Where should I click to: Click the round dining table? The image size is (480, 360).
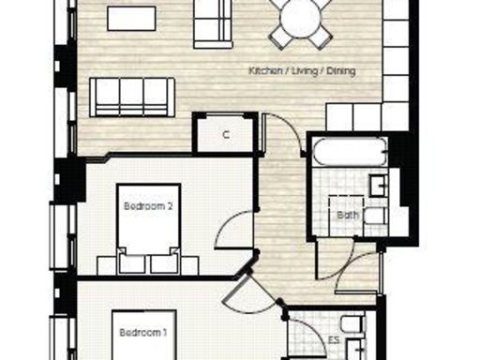point(299,17)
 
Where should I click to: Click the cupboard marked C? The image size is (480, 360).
point(226,134)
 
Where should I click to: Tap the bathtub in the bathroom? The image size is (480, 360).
point(348,152)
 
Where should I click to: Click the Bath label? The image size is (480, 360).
point(348,215)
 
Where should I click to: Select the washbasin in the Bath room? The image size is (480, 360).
point(379,185)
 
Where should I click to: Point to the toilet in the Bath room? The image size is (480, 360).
point(373,217)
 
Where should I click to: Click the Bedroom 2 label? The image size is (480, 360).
point(148,204)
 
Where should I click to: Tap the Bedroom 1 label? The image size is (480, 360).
point(142,332)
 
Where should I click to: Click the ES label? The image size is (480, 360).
point(334,340)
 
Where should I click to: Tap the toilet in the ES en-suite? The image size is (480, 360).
point(350,327)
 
